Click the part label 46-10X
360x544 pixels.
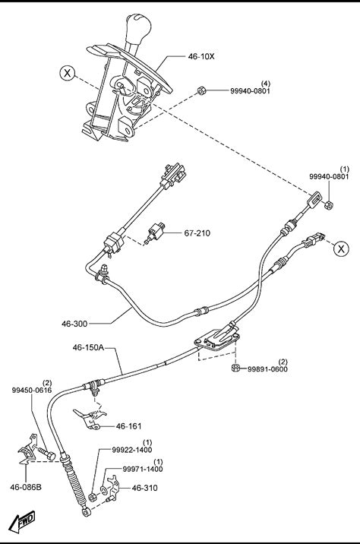[201, 56]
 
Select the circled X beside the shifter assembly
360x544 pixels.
[68, 73]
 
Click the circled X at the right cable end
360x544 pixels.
[341, 248]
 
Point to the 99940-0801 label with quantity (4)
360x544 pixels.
[250, 88]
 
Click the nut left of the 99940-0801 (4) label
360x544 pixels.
[201, 90]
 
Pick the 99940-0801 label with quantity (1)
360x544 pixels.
[329, 173]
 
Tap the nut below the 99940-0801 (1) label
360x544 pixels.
[329, 204]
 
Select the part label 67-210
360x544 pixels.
[197, 233]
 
